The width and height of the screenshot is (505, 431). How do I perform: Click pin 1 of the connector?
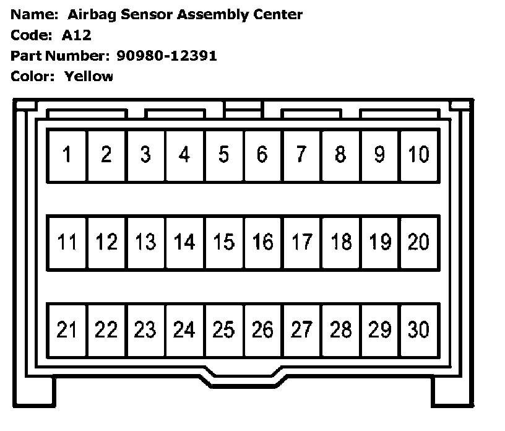(x=67, y=155)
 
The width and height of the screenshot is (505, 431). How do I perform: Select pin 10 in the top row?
(x=419, y=155)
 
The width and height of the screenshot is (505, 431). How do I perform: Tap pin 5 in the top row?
(x=223, y=155)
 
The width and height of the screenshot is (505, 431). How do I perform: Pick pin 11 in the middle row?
(x=67, y=242)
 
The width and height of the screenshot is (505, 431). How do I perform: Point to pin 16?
(x=262, y=242)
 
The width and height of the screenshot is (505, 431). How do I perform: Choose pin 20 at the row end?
(x=419, y=242)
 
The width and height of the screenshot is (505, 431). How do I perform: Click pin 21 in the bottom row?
(x=67, y=330)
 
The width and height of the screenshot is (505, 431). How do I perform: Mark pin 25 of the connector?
(x=223, y=330)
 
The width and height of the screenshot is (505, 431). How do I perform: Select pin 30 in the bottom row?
(x=419, y=330)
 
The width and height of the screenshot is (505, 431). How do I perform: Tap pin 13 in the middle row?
(x=145, y=242)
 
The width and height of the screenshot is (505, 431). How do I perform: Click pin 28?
(x=341, y=330)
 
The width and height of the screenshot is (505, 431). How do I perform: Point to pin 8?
(x=341, y=155)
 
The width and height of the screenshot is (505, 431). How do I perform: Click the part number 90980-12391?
(x=166, y=56)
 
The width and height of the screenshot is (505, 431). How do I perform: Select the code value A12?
(x=76, y=35)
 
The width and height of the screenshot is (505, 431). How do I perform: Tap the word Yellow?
(x=88, y=77)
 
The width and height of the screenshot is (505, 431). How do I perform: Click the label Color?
(x=32, y=77)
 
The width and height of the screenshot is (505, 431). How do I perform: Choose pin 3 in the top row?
(x=145, y=155)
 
